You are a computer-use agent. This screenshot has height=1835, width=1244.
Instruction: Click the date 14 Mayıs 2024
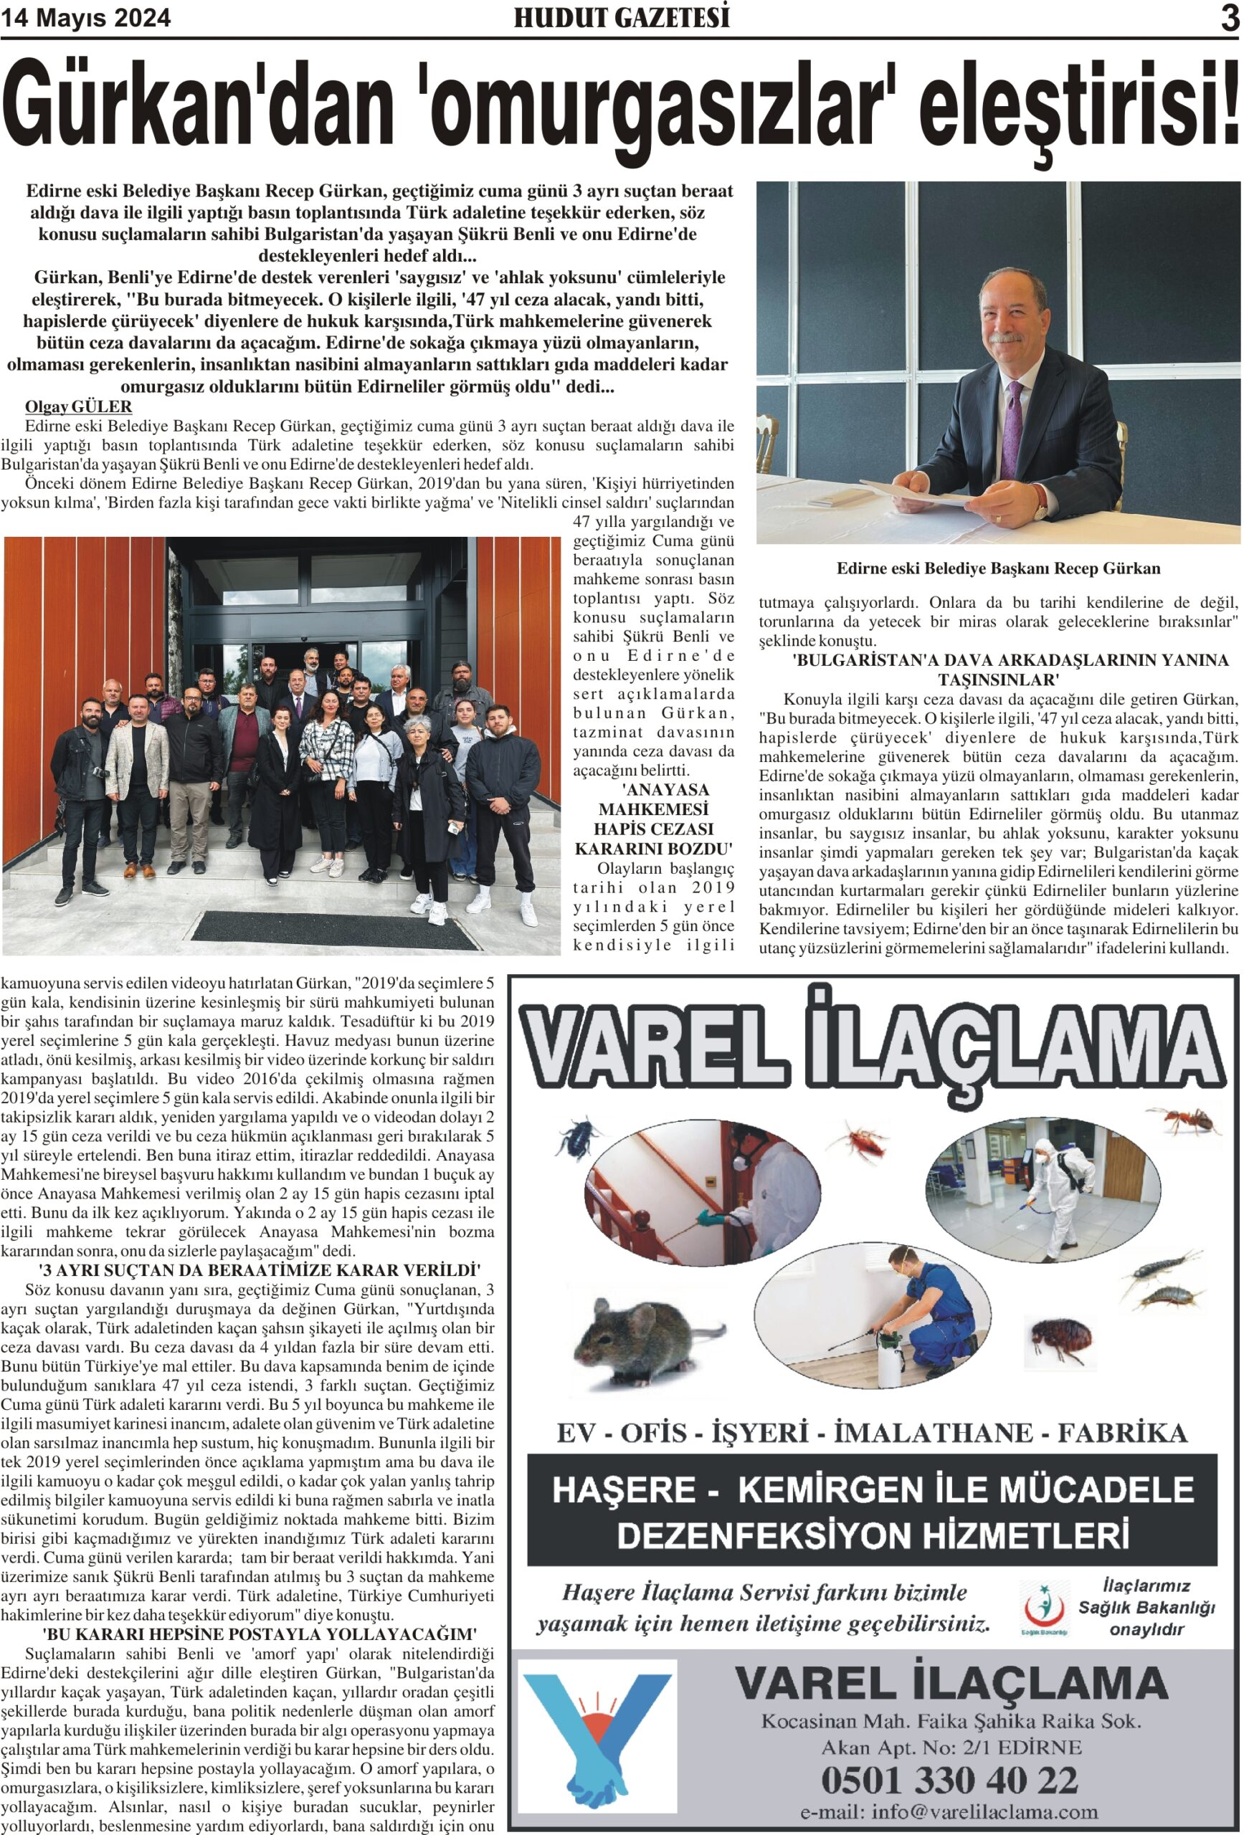86,18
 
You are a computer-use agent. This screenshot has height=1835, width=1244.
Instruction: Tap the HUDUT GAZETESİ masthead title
621,17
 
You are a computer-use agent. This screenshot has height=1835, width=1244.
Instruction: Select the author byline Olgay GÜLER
78,406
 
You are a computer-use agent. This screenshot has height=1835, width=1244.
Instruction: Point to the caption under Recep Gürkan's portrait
997,568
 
